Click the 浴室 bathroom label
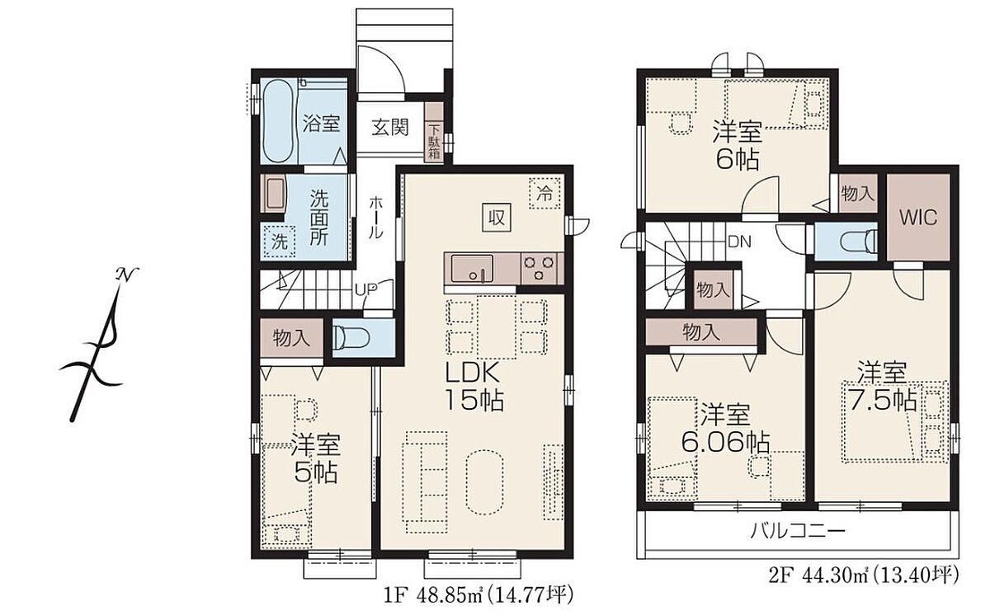coord(321,124)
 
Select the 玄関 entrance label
coord(389,128)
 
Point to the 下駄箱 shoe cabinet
coord(435,133)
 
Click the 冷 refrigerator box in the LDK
coord(544,194)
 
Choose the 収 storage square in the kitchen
coord(497,217)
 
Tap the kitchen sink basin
coord(472,269)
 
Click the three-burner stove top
coord(539,269)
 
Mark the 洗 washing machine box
coord(280,241)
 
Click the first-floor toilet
coord(351,338)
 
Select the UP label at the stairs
coord(366,289)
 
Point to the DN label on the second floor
coord(739,242)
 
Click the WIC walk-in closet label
coord(918,217)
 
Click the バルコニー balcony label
coord(798,530)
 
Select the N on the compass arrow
coord(126,275)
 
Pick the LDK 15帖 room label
coord(474,387)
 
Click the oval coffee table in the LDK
coord(484,482)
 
